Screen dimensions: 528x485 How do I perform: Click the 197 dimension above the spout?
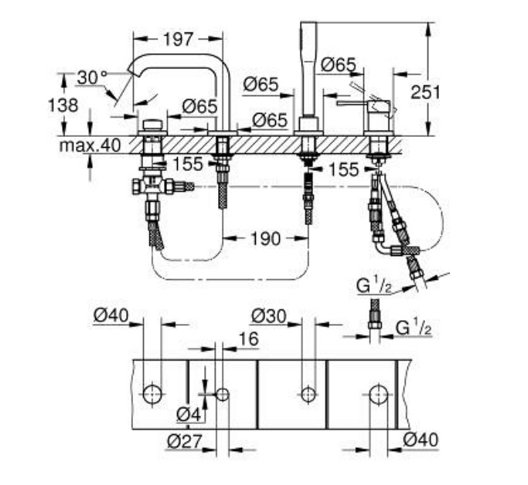[178, 39]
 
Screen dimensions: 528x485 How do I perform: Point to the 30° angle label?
[92, 77]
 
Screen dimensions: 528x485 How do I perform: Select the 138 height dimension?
[63, 105]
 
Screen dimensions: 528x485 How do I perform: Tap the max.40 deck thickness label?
[90, 145]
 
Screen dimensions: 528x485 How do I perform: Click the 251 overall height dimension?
[425, 92]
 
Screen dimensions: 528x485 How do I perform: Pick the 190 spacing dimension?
[265, 238]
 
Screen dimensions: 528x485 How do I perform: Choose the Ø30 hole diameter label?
[269, 316]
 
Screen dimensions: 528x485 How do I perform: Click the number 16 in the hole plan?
[249, 339]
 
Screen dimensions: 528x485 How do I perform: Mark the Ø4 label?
[189, 414]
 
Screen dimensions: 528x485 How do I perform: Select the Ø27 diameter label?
[185, 441]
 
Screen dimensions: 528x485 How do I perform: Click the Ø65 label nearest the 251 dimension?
[338, 65]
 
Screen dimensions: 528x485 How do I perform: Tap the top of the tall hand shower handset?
[308, 23]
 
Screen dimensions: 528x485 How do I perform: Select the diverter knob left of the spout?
[153, 125]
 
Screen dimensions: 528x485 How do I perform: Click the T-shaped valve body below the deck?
[152, 186]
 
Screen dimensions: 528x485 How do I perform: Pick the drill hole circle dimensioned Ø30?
[308, 394]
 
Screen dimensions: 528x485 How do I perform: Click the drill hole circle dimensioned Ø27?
[222, 394]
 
